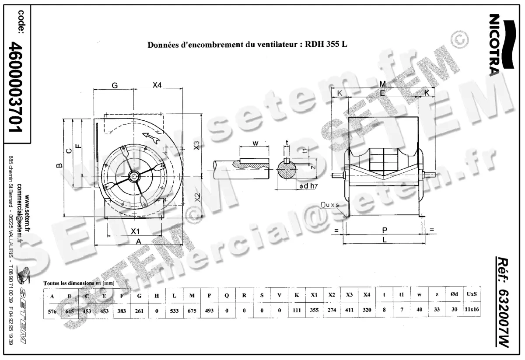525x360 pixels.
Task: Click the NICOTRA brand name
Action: (495, 45)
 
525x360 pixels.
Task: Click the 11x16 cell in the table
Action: (472, 310)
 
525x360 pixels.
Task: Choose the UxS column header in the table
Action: (472, 294)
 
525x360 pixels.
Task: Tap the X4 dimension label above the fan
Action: (157, 86)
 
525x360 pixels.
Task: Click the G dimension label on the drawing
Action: (114, 86)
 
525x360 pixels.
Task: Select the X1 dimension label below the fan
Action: (135, 231)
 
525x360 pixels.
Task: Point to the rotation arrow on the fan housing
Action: (150, 137)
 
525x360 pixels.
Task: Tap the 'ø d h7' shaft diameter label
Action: (308, 187)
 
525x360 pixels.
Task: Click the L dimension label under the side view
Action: (384, 240)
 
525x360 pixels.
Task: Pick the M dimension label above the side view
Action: (382, 84)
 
